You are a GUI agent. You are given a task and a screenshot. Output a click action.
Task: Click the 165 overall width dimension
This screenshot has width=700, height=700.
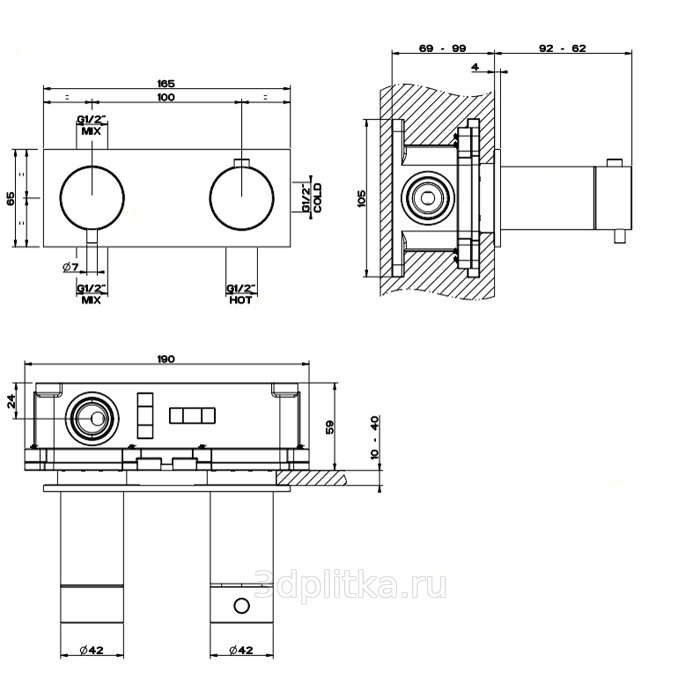pos(166,82)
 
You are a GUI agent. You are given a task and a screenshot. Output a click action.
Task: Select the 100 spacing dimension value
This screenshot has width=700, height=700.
pos(166,97)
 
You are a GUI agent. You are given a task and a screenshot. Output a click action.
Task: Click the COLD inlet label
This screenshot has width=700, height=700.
pos(317,196)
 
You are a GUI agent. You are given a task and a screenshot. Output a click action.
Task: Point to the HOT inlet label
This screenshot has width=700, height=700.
pos(240,300)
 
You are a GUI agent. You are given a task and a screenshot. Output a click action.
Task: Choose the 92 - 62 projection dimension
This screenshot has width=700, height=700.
pos(562,47)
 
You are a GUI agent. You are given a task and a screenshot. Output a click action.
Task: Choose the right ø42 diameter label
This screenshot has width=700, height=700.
pos(240,651)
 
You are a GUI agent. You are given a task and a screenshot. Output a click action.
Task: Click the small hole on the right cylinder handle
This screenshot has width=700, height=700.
pos(240,605)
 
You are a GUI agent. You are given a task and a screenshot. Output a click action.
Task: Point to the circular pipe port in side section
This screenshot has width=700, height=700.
pos(429,197)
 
